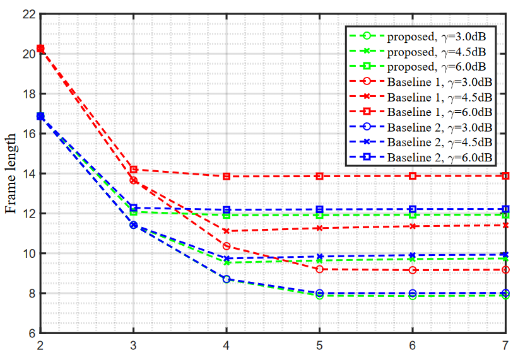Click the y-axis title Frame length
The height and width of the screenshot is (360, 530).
[x=12, y=175]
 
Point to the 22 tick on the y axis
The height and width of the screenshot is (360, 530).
[x=29, y=14]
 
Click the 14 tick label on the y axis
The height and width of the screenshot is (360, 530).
[x=29, y=173]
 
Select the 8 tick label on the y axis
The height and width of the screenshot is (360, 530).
[x=32, y=293]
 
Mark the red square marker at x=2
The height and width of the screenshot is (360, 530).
[x=40, y=49]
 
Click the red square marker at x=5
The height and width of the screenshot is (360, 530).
[x=319, y=176]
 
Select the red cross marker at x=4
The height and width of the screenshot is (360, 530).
[x=227, y=231]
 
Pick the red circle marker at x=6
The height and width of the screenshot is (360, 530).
[x=413, y=270]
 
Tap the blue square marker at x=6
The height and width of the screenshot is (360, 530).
[x=413, y=209]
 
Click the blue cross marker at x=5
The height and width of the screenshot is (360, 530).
[x=319, y=257]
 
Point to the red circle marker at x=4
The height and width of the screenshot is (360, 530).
[x=227, y=246]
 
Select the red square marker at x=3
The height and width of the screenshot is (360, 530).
[x=133, y=170]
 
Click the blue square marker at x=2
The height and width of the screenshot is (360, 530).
[x=40, y=117]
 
